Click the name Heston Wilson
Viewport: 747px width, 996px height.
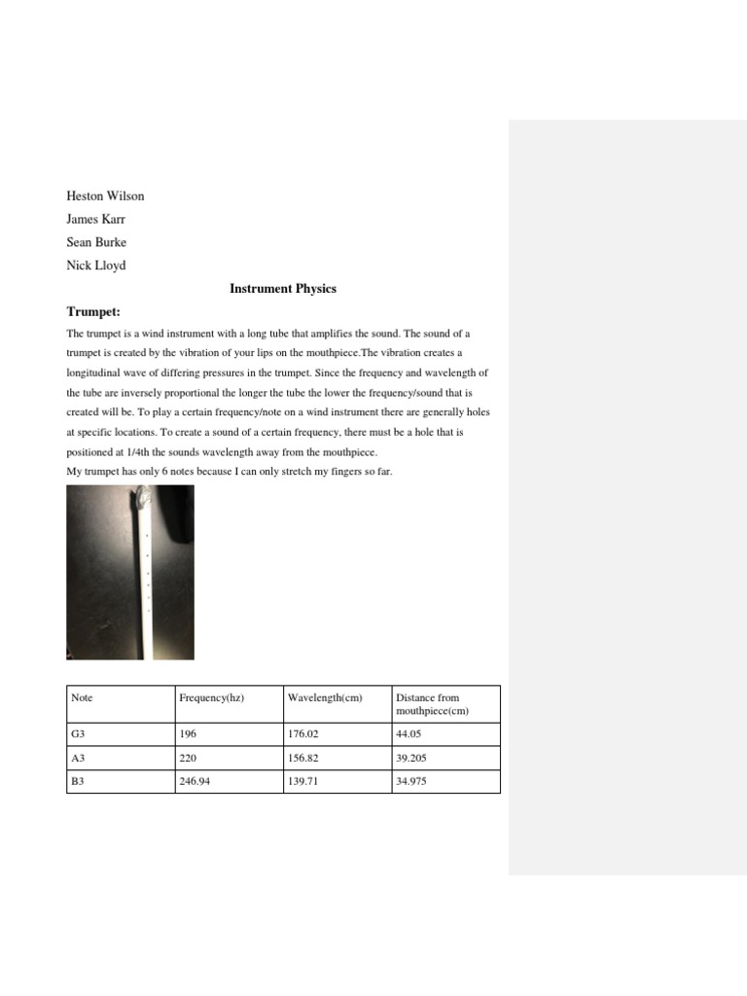point(105,196)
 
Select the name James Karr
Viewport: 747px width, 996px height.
point(95,220)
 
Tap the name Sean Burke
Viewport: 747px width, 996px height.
point(95,242)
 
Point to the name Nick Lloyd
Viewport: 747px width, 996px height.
point(95,266)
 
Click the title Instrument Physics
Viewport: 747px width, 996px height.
point(283,289)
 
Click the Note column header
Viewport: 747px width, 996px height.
point(83,697)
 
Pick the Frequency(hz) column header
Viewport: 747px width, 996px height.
point(212,697)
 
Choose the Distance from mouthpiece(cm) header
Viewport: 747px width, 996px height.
point(428,704)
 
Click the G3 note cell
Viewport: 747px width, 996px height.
point(79,735)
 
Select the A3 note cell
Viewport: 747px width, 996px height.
point(79,759)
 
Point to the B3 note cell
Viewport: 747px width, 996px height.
point(78,782)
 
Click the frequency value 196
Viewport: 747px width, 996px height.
point(188,735)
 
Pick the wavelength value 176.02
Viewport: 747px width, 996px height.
point(303,735)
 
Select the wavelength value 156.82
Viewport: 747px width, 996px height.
point(303,759)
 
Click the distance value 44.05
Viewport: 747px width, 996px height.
point(409,735)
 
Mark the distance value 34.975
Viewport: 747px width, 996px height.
point(411,782)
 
